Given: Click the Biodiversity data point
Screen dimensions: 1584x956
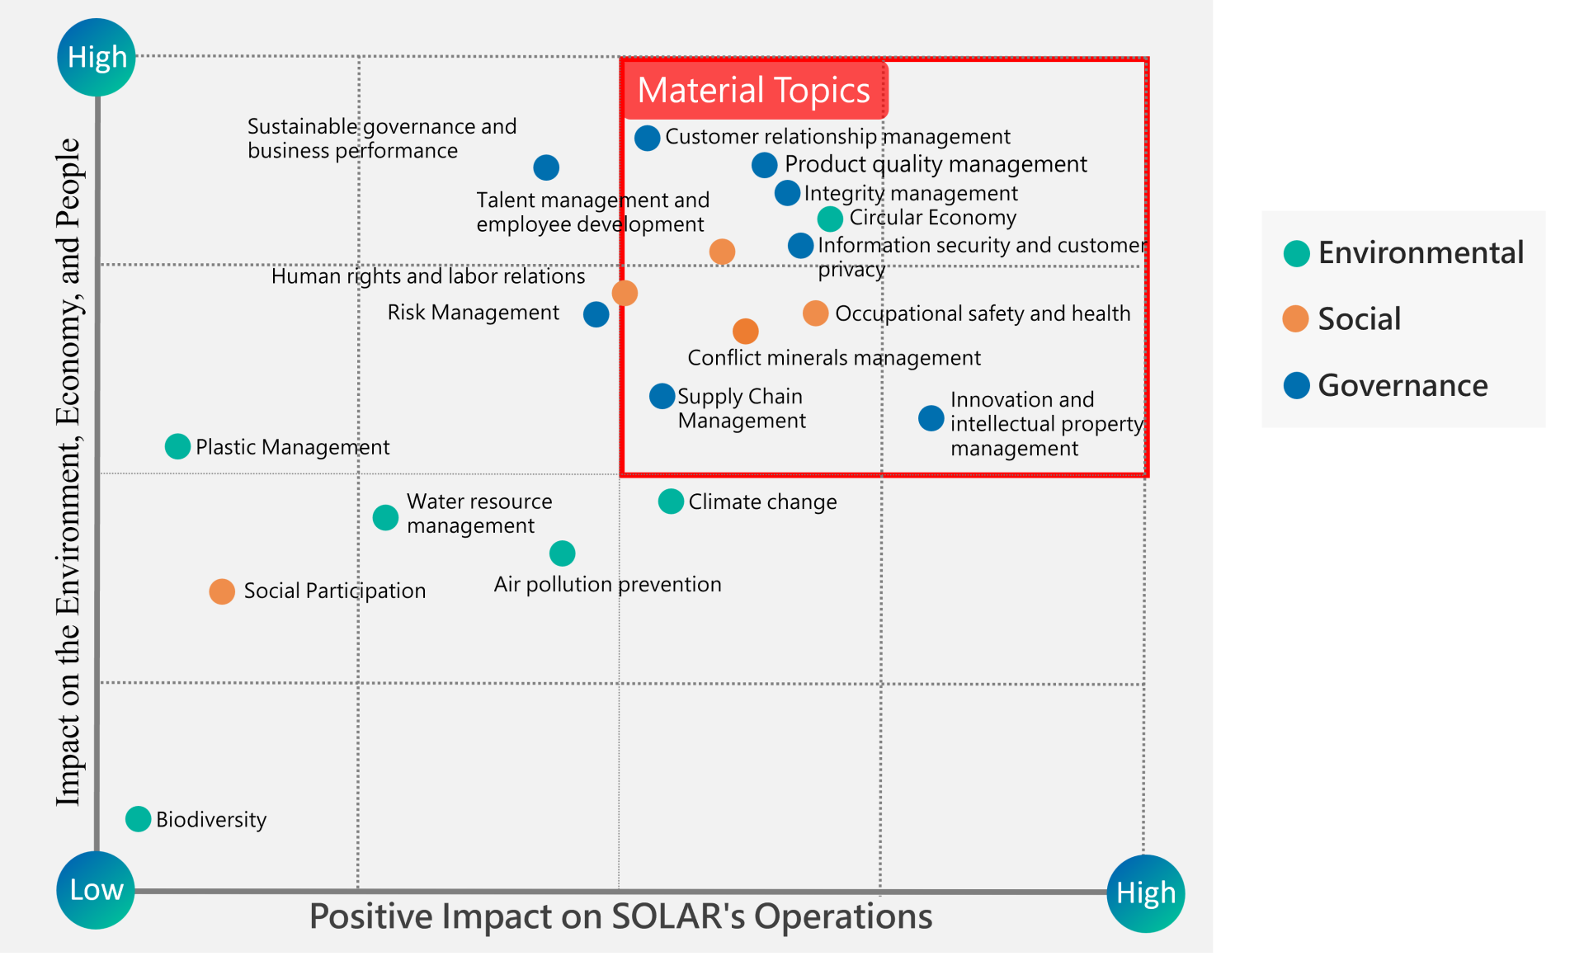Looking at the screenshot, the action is [x=138, y=819].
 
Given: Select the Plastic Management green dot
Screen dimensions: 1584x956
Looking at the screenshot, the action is [x=177, y=446].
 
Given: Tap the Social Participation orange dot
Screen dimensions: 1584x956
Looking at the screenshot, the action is [x=222, y=591].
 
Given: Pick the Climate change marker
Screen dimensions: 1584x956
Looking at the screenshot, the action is [x=671, y=501].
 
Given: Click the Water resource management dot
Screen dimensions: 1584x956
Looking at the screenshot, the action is [x=385, y=517].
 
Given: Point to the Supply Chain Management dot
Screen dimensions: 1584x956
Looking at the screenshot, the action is [x=662, y=396].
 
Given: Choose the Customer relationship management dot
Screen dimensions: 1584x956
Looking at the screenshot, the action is [x=647, y=138].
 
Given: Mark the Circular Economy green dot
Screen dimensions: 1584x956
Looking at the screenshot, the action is [x=830, y=219].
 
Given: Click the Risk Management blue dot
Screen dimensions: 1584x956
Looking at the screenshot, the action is [x=596, y=314].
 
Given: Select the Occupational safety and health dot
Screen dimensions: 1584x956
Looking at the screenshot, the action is [x=815, y=313].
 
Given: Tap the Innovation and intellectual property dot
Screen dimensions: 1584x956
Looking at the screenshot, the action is [x=931, y=418].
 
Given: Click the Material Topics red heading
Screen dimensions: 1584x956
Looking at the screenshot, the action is [x=754, y=90].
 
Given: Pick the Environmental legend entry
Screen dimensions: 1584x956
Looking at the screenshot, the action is [x=1403, y=252].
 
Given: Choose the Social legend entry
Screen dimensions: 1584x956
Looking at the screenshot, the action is [x=1342, y=318].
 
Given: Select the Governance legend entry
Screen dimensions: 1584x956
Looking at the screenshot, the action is [x=1386, y=385].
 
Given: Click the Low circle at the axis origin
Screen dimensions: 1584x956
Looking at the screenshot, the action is [x=96, y=890].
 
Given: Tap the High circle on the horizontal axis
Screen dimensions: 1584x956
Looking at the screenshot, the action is [x=1146, y=893].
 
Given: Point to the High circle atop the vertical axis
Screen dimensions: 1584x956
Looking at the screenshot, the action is [x=97, y=57].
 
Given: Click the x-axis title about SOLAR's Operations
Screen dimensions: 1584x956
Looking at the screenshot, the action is [x=620, y=916].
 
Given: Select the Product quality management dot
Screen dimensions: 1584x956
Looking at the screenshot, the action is [x=764, y=165].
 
